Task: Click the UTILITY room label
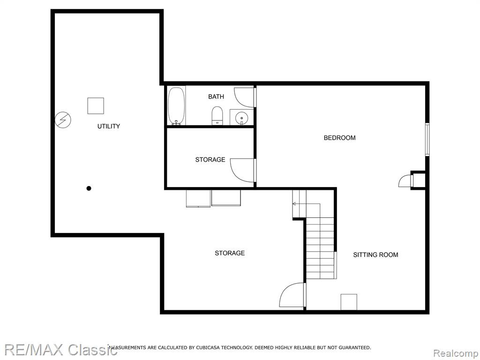click(x=109, y=126)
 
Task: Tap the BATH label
click(x=216, y=97)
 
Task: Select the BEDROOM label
click(x=340, y=138)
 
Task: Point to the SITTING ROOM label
click(x=375, y=255)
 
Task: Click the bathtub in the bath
click(x=176, y=106)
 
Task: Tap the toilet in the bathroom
click(x=217, y=116)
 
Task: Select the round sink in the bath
click(x=242, y=117)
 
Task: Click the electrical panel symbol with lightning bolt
click(x=63, y=120)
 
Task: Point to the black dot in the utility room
click(x=89, y=188)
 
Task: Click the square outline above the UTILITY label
click(x=96, y=106)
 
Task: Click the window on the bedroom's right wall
click(x=427, y=140)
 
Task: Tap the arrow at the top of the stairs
click(x=294, y=203)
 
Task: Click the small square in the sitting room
click(x=349, y=302)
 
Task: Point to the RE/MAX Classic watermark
click(x=60, y=350)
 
